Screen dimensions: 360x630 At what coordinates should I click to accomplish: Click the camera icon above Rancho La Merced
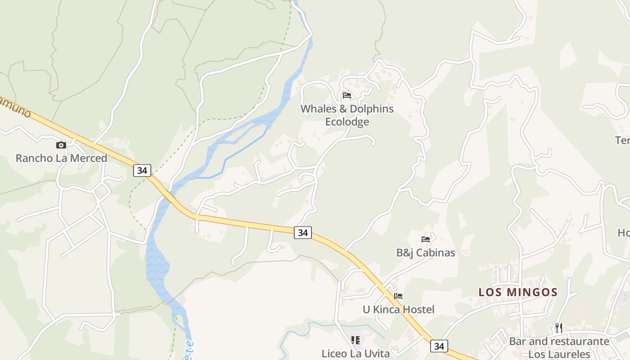click(x=61, y=145)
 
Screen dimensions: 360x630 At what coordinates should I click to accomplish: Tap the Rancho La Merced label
click(x=61, y=158)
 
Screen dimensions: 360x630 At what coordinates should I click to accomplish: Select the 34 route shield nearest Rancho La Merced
click(x=142, y=171)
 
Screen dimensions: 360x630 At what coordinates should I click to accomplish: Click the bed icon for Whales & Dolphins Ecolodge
click(x=346, y=95)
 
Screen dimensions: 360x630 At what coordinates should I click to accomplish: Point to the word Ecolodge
click(x=347, y=122)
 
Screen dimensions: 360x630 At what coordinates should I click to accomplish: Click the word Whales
click(x=317, y=109)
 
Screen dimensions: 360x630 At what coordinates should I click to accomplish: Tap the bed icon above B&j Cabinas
click(x=425, y=239)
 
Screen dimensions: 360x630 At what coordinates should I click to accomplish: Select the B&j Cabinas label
click(x=425, y=253)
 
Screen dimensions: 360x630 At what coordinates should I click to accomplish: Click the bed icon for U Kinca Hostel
click(x=398, y=296)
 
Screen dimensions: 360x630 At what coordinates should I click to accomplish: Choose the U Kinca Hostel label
click(x=398, y=310)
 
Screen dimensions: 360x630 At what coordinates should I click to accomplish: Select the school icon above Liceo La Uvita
click(x=355, y=340)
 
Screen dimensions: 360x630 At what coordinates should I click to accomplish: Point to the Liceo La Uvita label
click(x=355, y=354)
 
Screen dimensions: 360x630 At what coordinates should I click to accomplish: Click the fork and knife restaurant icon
click(x=559, y=328)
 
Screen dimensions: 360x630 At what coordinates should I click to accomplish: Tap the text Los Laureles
click(x=559, y=354)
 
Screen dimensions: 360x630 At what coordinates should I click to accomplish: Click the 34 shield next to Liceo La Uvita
click(x=439, y=346)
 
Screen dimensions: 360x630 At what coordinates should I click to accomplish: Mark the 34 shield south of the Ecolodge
click(x=303, y=233)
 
